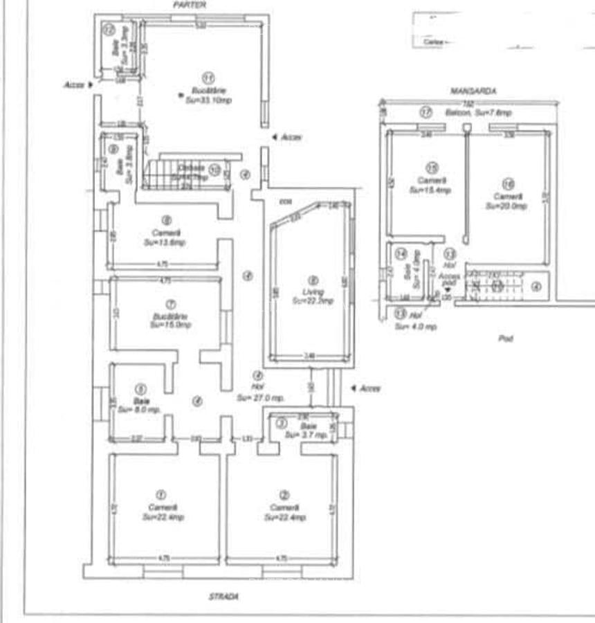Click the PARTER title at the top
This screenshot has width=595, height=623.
pyautogui.click(x=190, y=4)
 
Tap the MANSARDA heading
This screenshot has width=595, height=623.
pyautogui.click(x=473, y=91)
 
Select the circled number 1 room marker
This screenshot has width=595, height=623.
pyautogui.click(x=161, y=494)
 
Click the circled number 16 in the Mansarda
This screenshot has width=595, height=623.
pyautogui.click(x=509, y=184)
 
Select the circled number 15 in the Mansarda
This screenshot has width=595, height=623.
pyautogui.click(x=432, y=167)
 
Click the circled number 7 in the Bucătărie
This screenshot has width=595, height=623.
pyautogui.click(x=170, y=305)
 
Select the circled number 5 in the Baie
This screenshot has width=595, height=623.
pyautogui.click(x=140, y=389)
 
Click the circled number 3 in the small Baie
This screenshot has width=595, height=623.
pyautogui.click(x=280, y=424)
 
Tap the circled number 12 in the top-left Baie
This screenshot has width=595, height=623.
pyautogui.click(x=109, y=28)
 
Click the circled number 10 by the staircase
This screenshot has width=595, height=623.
pyautogui.click(x=215, y=168)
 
